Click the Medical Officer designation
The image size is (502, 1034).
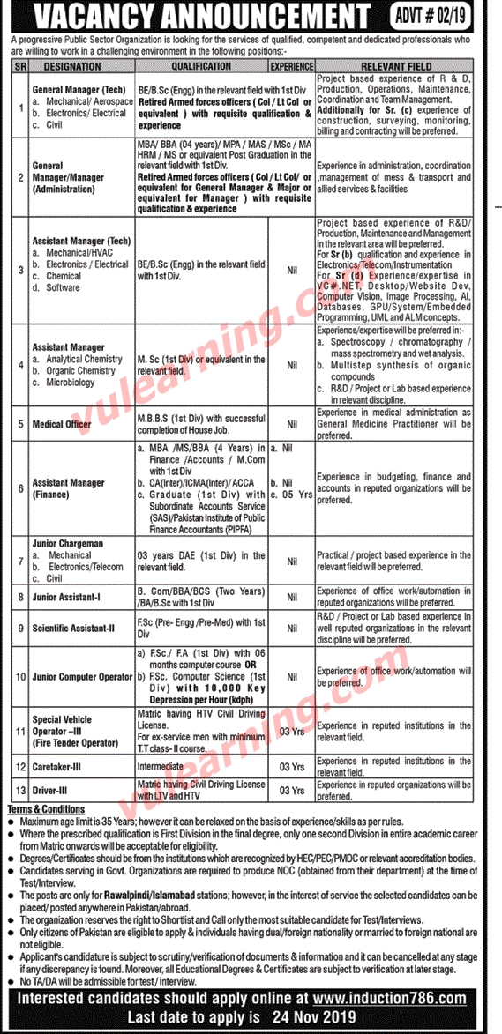(62, 425)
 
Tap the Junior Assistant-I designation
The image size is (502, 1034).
(67, 598)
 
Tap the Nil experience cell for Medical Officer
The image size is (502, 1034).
(290, 425)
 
